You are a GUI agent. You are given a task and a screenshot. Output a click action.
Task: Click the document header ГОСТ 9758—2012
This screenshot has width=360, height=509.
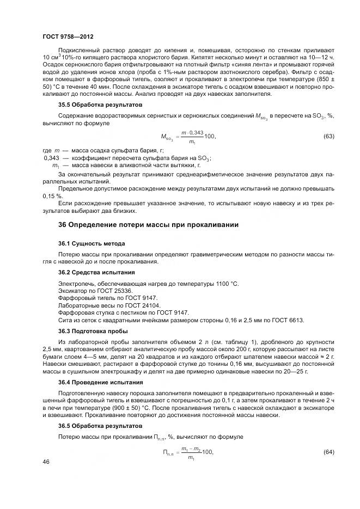[x=68, y=36]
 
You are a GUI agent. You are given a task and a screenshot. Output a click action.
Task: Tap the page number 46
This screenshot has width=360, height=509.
[x=46, y=462]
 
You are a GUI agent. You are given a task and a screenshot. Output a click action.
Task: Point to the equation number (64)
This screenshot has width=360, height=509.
[x=328, y=452]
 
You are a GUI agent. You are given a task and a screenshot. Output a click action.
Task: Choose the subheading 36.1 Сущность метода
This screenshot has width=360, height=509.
[x=91, y=243]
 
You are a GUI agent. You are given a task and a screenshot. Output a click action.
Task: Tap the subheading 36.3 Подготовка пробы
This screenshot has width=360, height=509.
[x=93, y=331]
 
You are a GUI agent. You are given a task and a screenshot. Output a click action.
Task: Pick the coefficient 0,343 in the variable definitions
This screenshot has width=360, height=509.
[x=50, y=158]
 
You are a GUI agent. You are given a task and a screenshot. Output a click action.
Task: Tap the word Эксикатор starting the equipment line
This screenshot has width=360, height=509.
[x=74, y=291]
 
